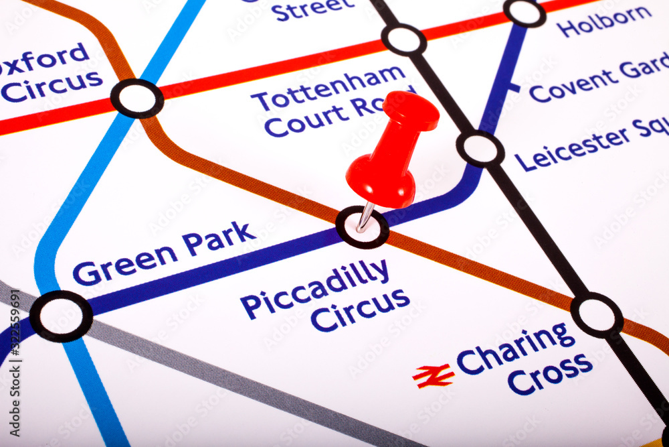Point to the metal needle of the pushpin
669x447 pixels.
[365, 216]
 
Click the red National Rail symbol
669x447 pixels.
[433, 376]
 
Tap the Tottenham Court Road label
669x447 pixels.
[331, 104]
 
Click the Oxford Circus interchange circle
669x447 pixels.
[137, 99]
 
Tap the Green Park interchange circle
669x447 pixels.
[61, 316]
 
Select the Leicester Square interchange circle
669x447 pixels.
[480, 149]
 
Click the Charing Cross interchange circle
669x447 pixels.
[596, 314]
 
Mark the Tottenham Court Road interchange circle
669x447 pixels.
[404, 40]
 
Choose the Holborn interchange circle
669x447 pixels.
[524, 12]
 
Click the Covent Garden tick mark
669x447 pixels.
[512, 87]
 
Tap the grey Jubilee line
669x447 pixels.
[221, 375]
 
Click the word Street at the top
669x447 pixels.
[313, 8]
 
